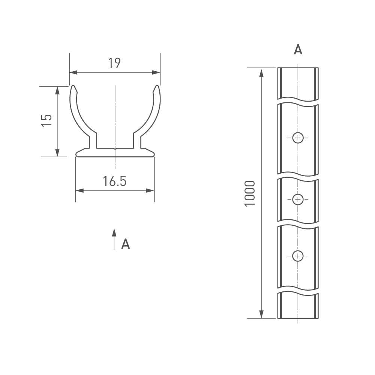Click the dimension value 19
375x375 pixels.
tap(114, 63)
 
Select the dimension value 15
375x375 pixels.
tap(46, 120)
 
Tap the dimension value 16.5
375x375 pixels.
tap(114, 181)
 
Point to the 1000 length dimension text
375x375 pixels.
tap(250, 193)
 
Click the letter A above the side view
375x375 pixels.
tap(298, 50)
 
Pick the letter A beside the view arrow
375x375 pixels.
tap(126, 244)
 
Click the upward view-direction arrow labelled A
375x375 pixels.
tap(114, 239)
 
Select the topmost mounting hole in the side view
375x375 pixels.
tap(298, 138)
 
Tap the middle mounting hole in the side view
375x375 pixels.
tap(298, 199)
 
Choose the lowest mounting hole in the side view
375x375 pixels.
tap(298, 256)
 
